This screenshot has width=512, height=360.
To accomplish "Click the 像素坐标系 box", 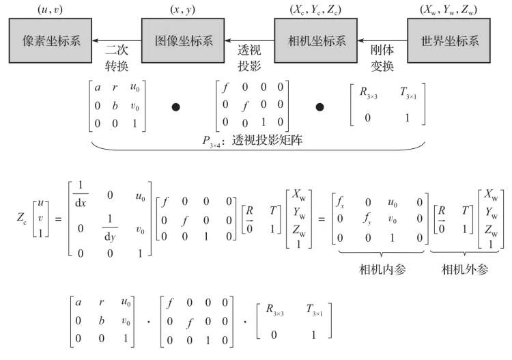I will [46, 39].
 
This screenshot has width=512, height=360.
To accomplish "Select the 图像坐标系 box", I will [182, 39].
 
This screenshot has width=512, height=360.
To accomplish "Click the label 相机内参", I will [382, 269].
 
